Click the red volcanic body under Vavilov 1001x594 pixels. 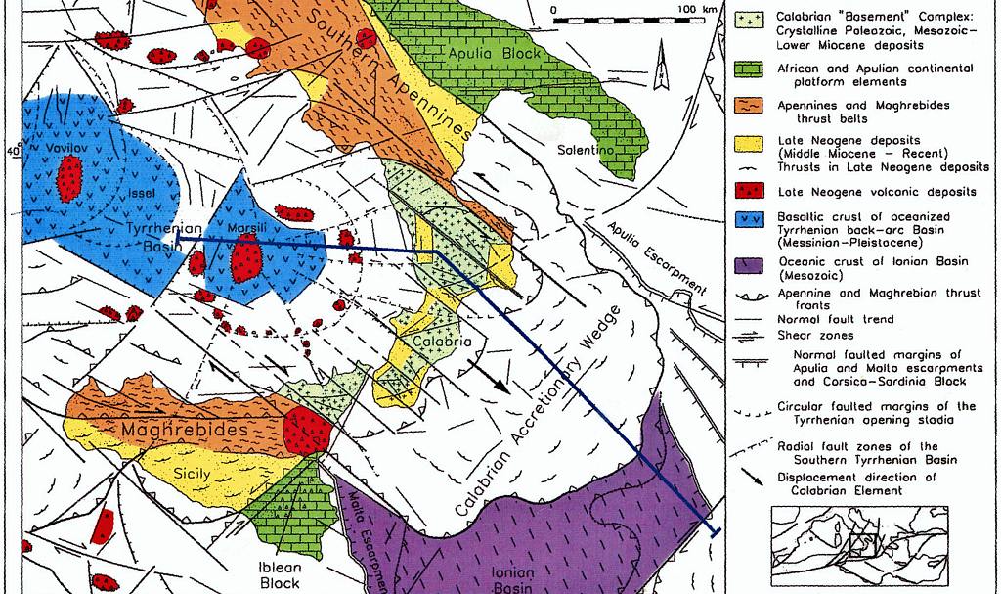tap(68, 178)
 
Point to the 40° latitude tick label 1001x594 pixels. tap(12, 152)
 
